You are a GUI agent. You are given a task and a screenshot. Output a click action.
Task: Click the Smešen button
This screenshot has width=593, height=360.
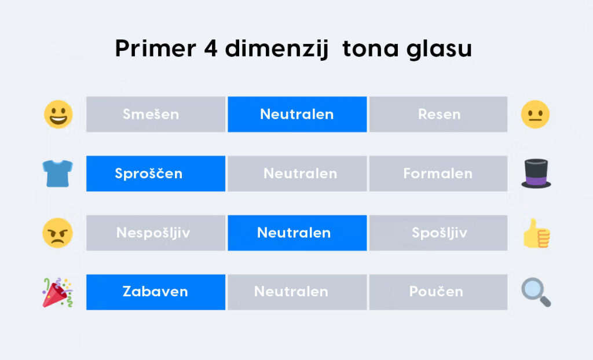point(156,114)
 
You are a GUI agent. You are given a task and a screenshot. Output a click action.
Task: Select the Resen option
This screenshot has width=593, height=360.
point(438,114)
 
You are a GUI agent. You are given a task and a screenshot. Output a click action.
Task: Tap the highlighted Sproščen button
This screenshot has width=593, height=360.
point(156,174)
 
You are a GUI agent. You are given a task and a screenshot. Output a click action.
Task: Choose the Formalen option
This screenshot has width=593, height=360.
point(438,174)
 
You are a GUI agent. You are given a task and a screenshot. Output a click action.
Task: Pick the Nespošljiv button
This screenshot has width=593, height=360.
point(156,233)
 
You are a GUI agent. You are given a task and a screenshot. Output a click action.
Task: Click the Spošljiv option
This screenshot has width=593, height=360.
point(438,233)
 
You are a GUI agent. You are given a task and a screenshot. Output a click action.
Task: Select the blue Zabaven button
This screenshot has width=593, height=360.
point(156,292)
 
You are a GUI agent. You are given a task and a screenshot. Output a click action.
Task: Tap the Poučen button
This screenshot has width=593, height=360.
point(438,292)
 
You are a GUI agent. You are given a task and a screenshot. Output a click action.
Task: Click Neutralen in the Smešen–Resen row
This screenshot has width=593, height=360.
point(297,114)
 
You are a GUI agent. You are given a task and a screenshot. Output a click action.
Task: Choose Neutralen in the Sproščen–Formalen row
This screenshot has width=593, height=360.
point(297,174)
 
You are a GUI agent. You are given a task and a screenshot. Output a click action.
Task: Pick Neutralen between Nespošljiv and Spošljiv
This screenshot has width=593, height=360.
point(297,233)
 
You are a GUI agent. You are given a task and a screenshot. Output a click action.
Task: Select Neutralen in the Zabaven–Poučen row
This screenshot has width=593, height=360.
point(297,292)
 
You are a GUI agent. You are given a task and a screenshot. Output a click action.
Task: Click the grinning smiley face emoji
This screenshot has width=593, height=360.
point(58,114)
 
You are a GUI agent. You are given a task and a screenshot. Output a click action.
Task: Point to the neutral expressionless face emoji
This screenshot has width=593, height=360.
point(535,114)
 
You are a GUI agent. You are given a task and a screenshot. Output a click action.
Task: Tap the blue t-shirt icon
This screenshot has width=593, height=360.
point(57,174)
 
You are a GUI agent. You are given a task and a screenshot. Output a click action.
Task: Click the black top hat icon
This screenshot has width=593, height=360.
point(536,174)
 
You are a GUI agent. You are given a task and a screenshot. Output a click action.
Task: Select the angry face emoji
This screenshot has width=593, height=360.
point(57,233)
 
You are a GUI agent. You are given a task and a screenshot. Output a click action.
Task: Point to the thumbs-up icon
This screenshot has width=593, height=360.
point(537,233)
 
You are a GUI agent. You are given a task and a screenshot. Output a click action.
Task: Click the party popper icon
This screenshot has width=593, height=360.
point(57,292)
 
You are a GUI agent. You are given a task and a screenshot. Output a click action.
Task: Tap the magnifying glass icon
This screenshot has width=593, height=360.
point(536,292)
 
